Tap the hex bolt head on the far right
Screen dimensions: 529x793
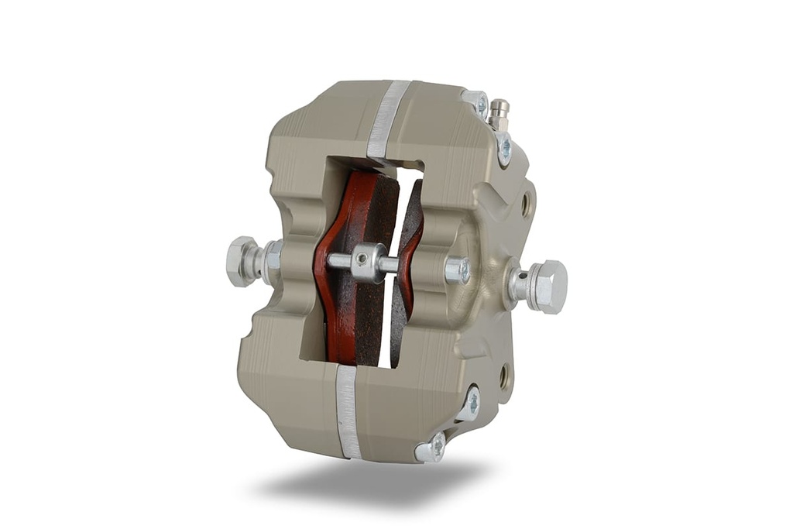[x=549, y=287]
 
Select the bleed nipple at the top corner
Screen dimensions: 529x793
[x=499, y=114]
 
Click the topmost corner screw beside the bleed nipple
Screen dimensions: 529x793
[x=478, y=103]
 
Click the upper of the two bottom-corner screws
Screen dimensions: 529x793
[x=469, y=404]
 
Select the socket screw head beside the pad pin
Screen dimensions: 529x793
[x=457, y=270]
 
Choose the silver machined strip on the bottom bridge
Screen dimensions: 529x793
[x=348, y=410]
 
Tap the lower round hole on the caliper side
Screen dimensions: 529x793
[x=504, y=376]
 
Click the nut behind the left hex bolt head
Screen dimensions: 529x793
[x=271, y=259]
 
